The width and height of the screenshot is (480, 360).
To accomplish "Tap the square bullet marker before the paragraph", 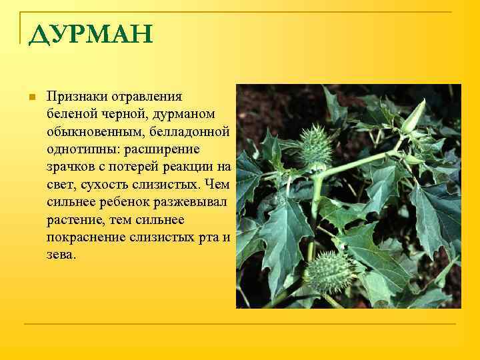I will point(31,97).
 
